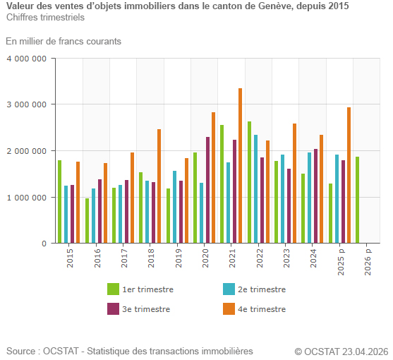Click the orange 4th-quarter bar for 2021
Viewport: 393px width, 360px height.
point(240,166)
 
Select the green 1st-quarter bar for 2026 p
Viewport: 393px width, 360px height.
point(357,200)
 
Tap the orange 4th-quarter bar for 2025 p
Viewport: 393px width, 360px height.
point(349,175)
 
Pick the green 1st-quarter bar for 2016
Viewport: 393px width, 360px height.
point(87,220)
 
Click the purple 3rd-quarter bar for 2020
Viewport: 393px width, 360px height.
point(207,190)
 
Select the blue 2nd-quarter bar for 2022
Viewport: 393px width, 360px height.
point(255,189)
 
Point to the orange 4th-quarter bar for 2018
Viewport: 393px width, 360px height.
point(159,186)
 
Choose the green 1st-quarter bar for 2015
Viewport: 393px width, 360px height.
point(59,202)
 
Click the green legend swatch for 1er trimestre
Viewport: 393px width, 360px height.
point(113,289)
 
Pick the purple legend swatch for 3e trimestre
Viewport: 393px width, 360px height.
point(113,309)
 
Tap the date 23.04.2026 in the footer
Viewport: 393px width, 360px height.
point(365,352)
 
